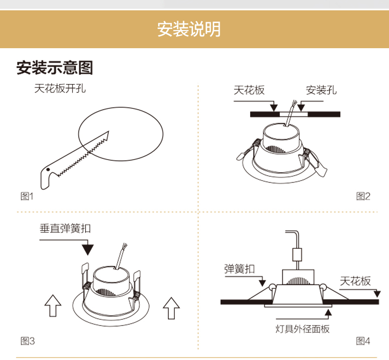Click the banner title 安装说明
(189, 30)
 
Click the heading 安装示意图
(55, 67)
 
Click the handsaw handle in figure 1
(47, 177)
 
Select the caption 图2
(363, 197)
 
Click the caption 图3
(28, 341)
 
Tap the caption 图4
(363, 341)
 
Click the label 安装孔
(322, 90)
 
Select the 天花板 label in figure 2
(249, 90)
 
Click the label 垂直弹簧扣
(65, 228)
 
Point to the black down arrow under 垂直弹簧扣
(87, 248)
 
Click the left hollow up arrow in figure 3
(53, 306)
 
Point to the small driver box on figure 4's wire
(297, 254)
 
